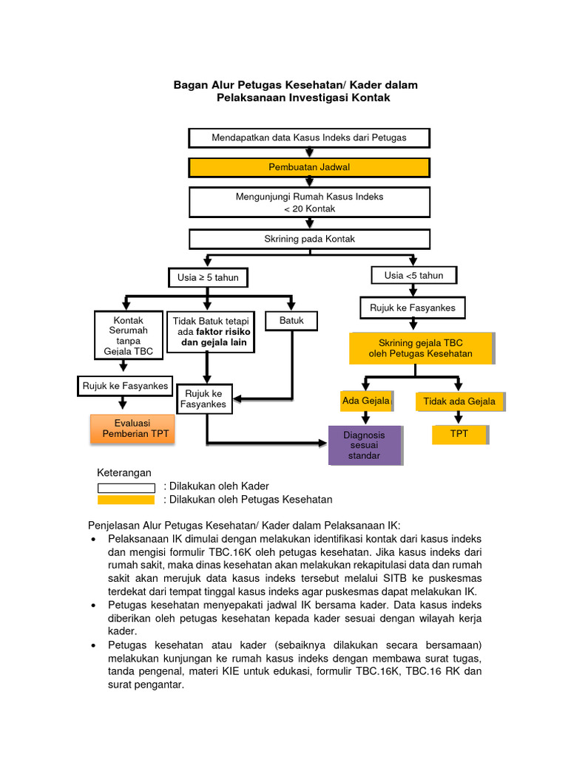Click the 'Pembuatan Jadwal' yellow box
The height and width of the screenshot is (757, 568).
[309, 168]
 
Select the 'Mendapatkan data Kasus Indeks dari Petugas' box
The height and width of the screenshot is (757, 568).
[309, 138]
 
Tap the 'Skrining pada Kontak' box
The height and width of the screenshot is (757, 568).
[309, 240]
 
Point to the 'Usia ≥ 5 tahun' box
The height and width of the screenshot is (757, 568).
[207, 277]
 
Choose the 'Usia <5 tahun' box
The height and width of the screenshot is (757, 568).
[413, 276]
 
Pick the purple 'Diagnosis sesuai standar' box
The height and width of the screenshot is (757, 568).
[365, 445]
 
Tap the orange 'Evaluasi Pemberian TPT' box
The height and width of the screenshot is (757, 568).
[132, 429]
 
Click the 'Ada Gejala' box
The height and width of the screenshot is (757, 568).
[365, 401]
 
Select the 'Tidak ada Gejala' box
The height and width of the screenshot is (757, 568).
[459, 401]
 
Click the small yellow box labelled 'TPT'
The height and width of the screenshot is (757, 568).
[459, 434]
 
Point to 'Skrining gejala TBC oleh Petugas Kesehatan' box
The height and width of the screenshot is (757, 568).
[420, 348]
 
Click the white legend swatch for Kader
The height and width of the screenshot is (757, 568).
[126, 487]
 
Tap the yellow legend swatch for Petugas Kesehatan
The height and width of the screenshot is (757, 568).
[126, 500]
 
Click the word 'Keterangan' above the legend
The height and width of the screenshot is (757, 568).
[124, 472]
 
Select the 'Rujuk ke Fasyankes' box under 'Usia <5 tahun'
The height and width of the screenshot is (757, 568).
[408, 307]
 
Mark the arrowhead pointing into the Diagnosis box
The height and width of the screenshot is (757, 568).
[322, 444]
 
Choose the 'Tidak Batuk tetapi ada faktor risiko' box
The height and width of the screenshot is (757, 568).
[211, 332]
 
